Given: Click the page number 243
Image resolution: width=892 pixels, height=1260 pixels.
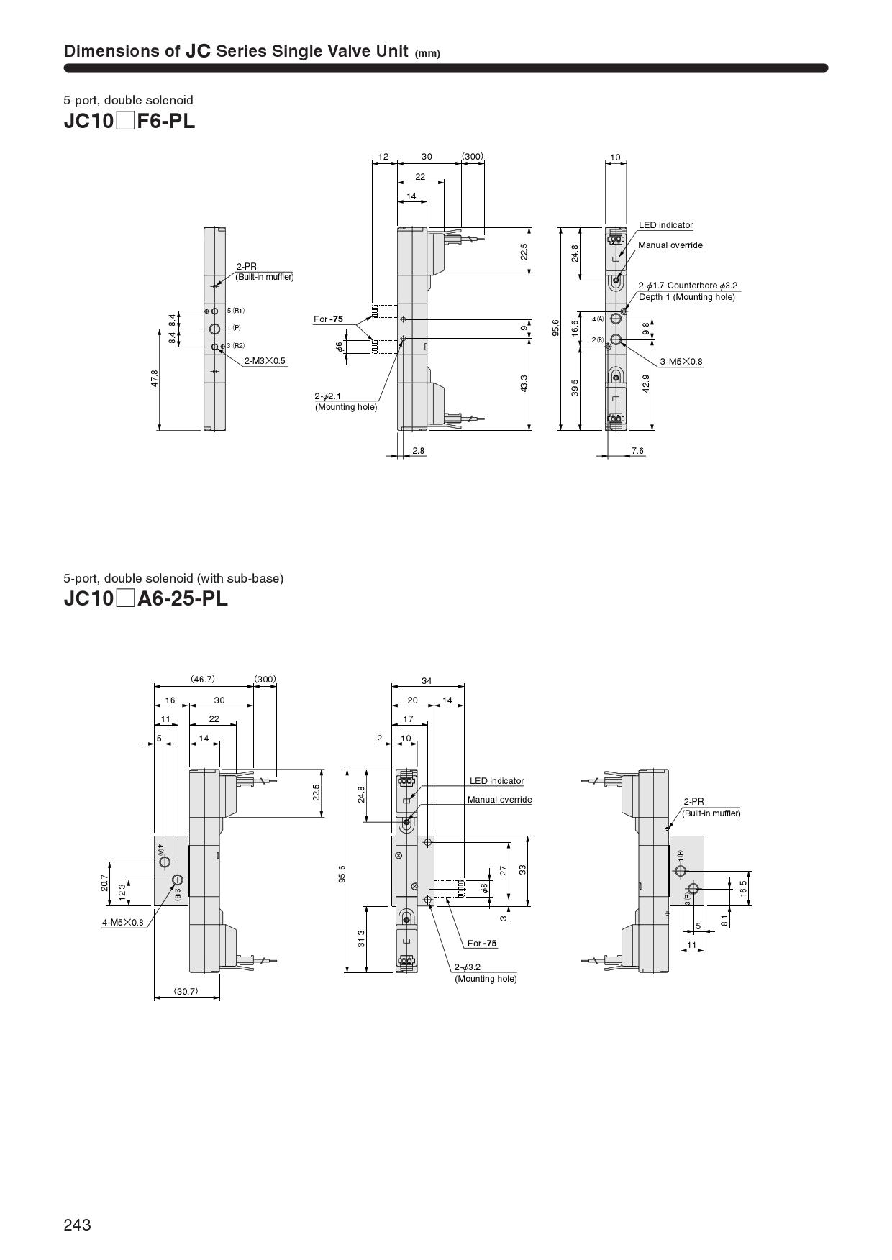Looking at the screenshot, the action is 77,1225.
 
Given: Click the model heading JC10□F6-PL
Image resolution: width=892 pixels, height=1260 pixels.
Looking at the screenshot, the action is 129,121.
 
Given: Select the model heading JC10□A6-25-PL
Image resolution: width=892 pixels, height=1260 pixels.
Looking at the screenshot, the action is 145,598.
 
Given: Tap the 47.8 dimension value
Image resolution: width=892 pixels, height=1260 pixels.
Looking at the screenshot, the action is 155,379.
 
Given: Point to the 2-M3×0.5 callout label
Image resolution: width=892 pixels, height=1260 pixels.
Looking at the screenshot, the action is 265,360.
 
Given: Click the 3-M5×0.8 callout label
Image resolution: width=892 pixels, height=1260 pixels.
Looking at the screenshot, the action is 681,362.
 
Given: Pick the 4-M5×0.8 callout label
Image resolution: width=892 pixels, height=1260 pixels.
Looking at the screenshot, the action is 122,922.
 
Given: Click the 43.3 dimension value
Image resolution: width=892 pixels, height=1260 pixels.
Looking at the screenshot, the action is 524,383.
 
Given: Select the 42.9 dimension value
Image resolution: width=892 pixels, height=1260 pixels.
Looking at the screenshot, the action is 646,383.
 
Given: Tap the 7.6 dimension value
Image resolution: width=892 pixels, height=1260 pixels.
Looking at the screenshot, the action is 637,451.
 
